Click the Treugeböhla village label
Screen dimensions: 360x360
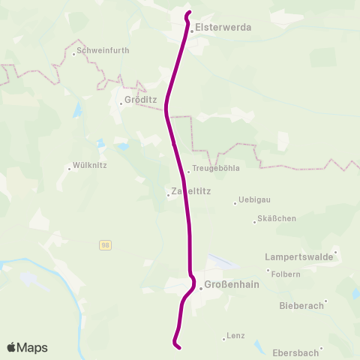(216, 169)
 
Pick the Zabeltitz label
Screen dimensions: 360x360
(192, 191)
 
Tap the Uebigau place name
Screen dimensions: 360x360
(253, 200)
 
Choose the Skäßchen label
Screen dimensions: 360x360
(277, 218)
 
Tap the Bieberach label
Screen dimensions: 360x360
(301, 305)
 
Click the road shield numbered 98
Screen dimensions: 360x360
(105, 245)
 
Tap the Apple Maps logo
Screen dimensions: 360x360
(27, 347)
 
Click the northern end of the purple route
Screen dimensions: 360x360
(187, 13)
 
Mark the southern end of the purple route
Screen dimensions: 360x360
(178, 346)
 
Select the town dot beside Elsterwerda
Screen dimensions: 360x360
(192, 31)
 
